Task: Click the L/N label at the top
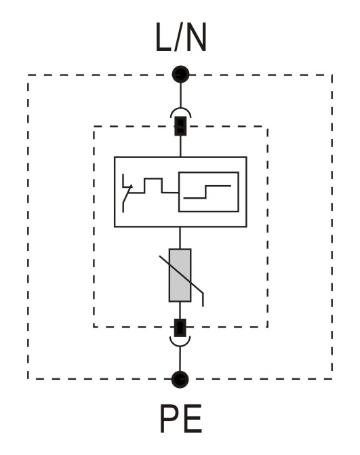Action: tap(181, 37)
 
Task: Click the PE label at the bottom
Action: tap(181, 418)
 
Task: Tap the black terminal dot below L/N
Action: tap(180, 75)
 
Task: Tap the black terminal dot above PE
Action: tap(180, 379)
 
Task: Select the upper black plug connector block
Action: tap(180, 126)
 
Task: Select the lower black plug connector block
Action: tap(180, 328)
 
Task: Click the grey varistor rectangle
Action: tap(180, 275)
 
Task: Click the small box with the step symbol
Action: tap(209, 192)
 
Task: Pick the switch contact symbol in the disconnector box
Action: tap(127, 193)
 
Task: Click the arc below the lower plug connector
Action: tap(180, 343)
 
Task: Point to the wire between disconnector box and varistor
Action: tap(180, 238)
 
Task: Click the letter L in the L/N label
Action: tap(163, 37)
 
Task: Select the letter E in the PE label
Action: tap(192, 418)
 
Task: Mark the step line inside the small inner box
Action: tap(207, 192)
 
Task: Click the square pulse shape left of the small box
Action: tap(153, 185)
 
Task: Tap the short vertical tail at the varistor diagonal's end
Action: tap(203, 300)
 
